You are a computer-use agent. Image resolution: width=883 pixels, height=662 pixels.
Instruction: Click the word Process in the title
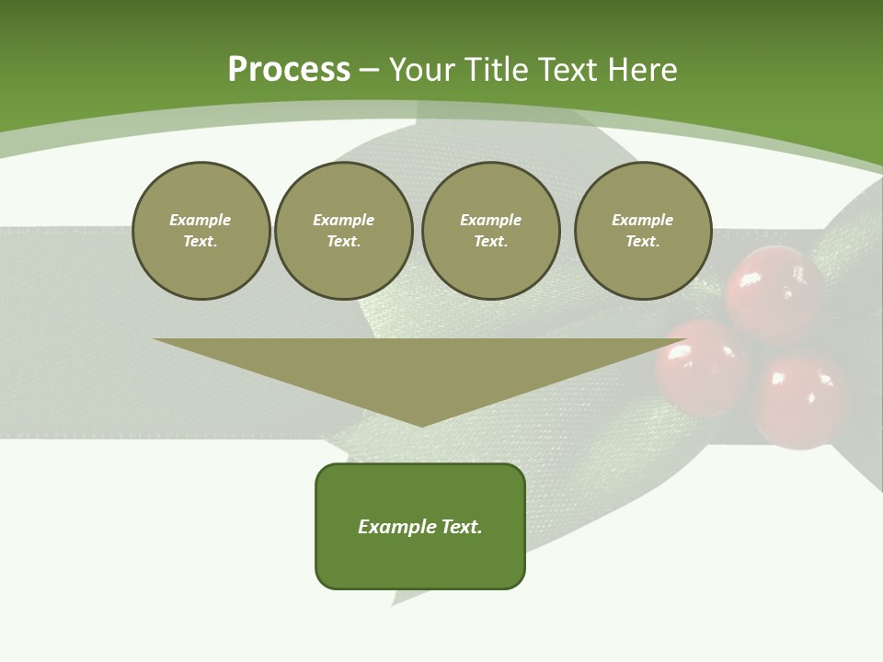[289, 70]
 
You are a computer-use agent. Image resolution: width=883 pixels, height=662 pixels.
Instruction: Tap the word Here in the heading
[640, 70]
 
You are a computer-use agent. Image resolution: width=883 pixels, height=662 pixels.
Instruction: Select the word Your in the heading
[423, 70]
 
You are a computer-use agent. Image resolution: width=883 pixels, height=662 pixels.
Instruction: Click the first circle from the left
[201, 231]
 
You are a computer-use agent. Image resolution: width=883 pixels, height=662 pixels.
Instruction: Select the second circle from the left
[343, 231]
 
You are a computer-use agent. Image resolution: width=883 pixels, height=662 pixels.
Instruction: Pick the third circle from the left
[490, 231]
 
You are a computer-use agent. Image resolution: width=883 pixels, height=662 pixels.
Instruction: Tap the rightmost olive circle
[642, 231]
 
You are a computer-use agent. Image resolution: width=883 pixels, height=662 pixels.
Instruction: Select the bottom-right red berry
[800, 400]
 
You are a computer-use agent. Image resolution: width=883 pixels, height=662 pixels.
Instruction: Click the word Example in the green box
[397, 527]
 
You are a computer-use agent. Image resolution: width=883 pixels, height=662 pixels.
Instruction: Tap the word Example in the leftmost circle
[201, 220]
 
